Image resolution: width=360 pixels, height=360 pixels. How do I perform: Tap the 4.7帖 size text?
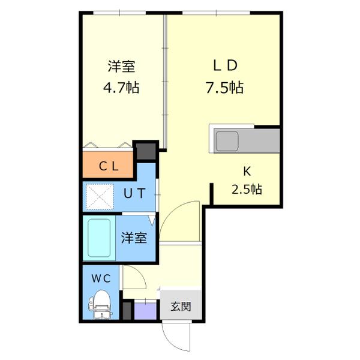[122, 88]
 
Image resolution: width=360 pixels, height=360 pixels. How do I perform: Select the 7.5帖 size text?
[224, 88]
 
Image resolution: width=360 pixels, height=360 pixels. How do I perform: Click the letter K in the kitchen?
[246, 170]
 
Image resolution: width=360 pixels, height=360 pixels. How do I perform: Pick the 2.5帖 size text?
[247, 190]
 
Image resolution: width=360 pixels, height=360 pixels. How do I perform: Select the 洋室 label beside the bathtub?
[134, 238]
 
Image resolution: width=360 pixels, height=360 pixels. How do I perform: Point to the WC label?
[100, 278]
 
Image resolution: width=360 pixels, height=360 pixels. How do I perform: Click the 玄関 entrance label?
[181, 307]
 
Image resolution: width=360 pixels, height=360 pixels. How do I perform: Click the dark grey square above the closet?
[145, 151]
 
